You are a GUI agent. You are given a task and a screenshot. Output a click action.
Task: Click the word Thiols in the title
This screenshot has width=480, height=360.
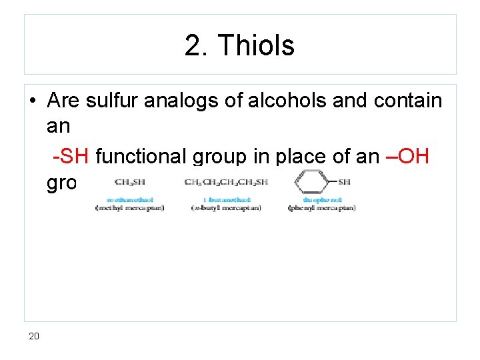tap(256, 46)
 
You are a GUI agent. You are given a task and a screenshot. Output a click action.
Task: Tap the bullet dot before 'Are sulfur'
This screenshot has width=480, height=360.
tap(32, 101)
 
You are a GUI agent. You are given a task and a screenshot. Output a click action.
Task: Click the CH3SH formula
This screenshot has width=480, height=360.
tap(130, 182)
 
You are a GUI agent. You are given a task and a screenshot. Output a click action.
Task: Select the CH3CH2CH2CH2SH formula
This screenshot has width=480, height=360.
tap(226, 182)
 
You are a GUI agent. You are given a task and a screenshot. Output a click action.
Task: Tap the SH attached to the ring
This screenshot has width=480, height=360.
tap(345, 182)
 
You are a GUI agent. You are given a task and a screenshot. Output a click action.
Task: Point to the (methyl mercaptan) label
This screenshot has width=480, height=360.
tap(131, 208)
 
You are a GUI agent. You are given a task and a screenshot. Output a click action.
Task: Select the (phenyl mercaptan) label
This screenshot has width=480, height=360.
tap(322, 208)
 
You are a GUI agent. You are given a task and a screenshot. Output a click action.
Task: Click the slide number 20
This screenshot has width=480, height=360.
tap(34, 336)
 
